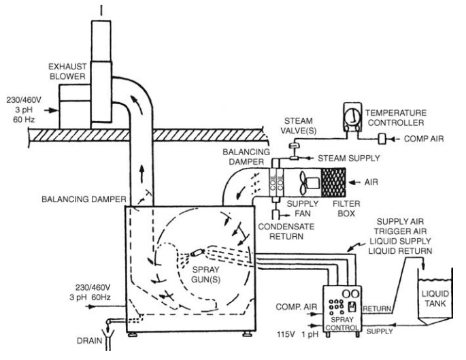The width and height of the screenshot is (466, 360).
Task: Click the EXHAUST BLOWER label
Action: [x=67, y=71]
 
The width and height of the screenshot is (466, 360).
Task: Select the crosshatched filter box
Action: [x=333, y=182]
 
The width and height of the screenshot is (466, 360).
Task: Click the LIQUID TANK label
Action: [x=435, y=299]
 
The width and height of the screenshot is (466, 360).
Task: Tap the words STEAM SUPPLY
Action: [x=349, y=158]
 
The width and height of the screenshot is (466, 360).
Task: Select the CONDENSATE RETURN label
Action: [x=286, y=231]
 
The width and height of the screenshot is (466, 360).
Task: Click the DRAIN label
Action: [x=89, y=341]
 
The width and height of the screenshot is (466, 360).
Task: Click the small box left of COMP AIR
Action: [x=382, y=139]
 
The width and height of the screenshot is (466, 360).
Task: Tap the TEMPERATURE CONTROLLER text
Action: [x=396, y=118]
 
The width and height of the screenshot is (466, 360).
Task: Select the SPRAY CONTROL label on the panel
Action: [x=342, y=324]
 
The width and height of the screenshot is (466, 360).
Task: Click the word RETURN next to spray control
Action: [x=377, y=309]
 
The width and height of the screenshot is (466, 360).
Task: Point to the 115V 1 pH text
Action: [x=297, y=334]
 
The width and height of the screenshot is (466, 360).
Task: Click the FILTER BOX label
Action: [x=346, y=208]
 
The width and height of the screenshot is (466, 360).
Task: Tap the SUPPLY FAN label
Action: [x=303, y=208]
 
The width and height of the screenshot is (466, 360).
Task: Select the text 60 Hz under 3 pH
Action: [x=24, y=120]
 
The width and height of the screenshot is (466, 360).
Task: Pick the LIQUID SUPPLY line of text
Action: [x=400, y=241]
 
